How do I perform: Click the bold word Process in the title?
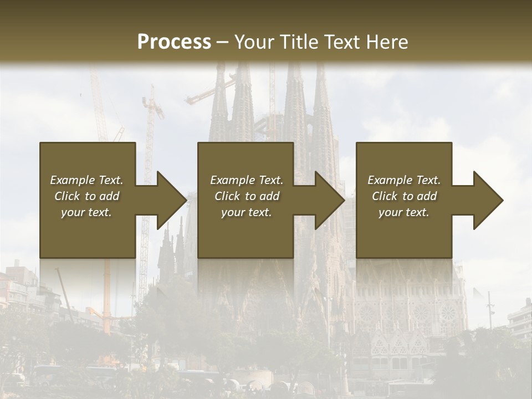(x=174, y=42)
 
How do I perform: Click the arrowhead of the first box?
(x=172, y=200)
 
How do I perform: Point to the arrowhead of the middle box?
(x=330, y=200)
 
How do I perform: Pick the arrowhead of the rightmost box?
(x=488, y=200)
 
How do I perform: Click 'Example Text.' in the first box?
(x=86, y=180)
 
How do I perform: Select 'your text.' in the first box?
(x=86, y=212)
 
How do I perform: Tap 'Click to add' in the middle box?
(x=247, y=196)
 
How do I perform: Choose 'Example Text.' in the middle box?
(x=247, y=180)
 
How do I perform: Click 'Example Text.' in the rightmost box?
(x=404, y=180)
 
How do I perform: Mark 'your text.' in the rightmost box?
(x=404, y=212)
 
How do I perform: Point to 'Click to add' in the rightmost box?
(x=404, y=196)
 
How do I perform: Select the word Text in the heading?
(x=341, y=42)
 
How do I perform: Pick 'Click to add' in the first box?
(x=86, y=196)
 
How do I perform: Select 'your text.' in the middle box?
(x=247, y=212)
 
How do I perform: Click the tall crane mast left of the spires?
(x=148, y=166)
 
